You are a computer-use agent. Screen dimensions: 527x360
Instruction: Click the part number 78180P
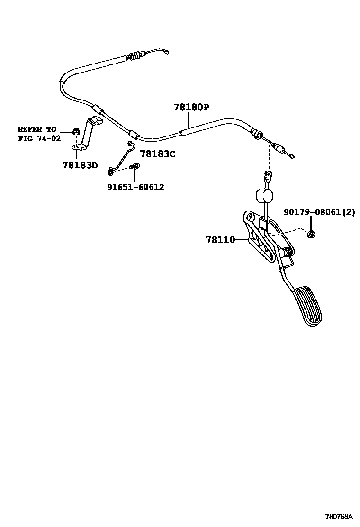tap(191, 108)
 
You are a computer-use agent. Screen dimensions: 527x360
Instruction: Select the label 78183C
tap(158, 154)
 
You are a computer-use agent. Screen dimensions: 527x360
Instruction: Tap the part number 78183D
tap(80, 165)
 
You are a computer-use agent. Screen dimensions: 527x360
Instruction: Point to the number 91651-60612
tap(135, 187)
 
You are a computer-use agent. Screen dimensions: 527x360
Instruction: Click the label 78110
tap(220, 240)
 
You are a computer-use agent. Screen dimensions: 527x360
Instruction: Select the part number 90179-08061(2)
tap(319, 212)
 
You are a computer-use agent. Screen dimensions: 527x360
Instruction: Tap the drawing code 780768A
tap(339, 516)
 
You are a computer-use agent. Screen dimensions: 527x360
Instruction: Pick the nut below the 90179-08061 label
tap(311, 233)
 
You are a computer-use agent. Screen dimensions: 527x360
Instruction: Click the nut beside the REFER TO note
tap(75, 131)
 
